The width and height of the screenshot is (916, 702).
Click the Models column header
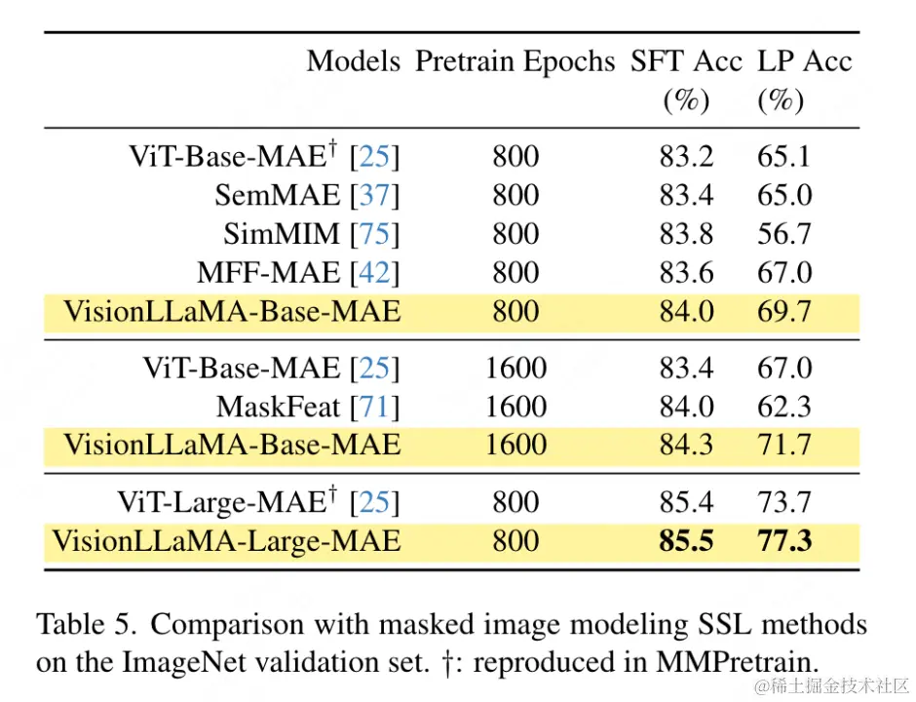(353, 61)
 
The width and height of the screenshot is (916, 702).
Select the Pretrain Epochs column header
(515, 61)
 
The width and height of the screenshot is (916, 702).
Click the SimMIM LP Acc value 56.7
(783, 234)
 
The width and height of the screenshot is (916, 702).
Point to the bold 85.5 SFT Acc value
(686, 540)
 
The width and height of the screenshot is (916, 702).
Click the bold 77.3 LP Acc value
(783, 540)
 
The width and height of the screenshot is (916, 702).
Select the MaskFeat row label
(279, 407)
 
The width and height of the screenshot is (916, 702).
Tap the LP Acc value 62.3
(783, 407)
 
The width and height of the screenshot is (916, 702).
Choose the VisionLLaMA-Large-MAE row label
(226, 540)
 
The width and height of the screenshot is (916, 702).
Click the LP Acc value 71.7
(783, 445)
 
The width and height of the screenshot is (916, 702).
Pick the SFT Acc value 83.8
(686, 234)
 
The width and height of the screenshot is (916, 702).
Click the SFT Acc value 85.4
(686, 502)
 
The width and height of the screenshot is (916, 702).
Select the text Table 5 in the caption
(84, 624)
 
